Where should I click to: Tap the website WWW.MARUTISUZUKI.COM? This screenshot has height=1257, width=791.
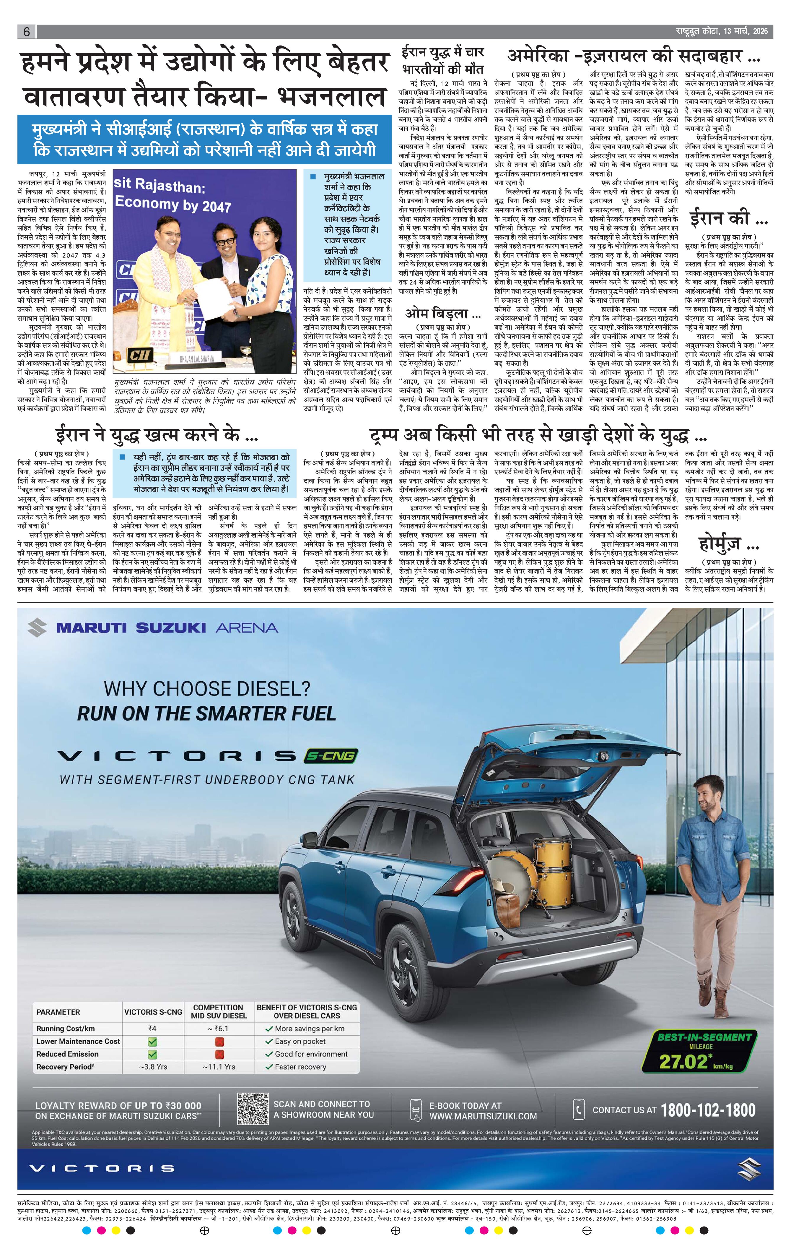pos(483,1116)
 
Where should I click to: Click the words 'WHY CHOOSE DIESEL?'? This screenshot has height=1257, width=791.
pos(207,689)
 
